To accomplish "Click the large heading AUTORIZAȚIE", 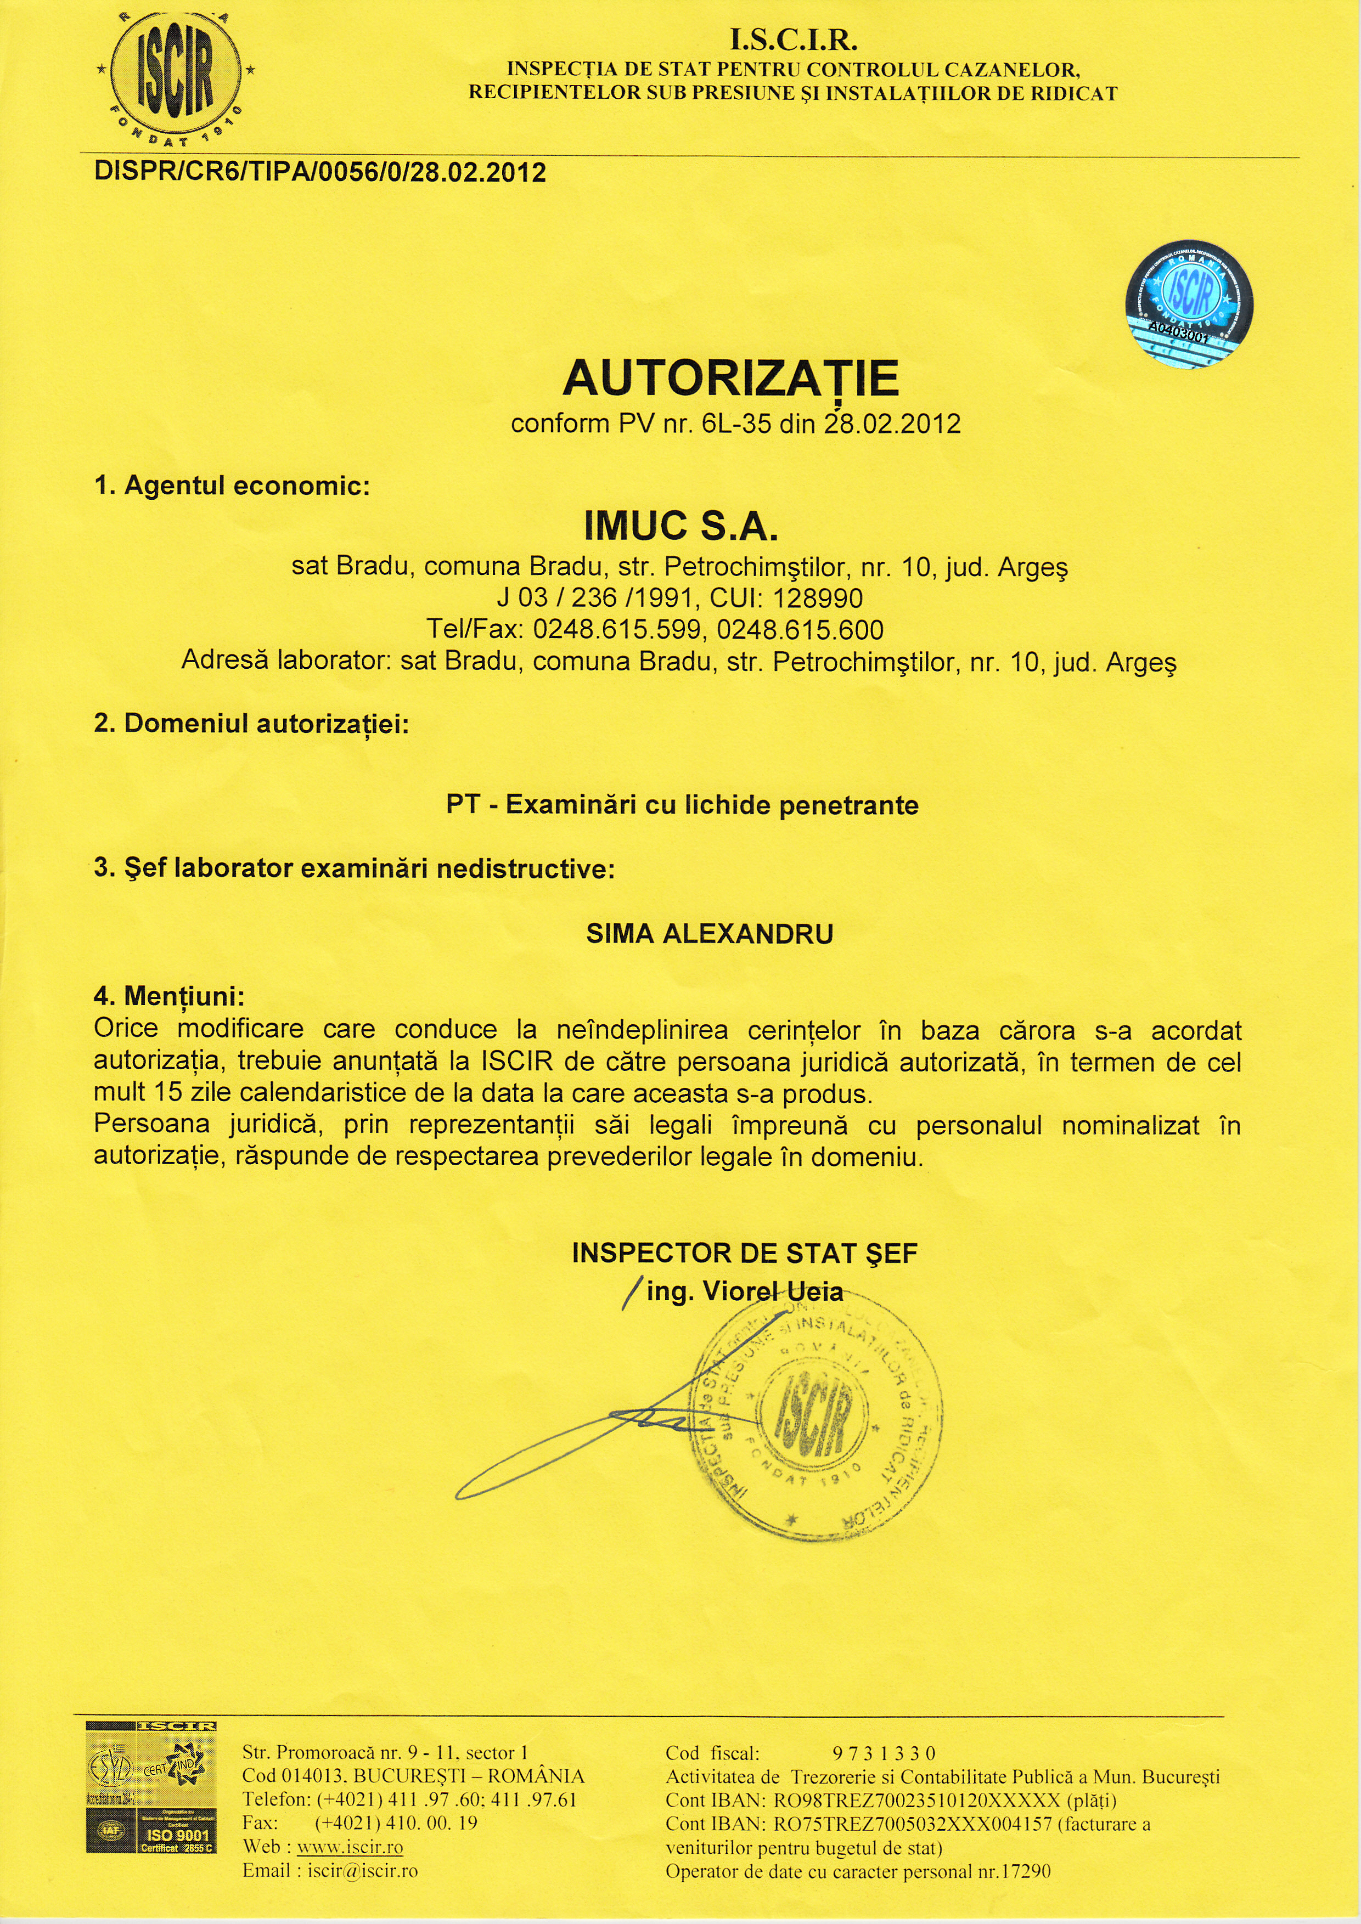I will (731, 378).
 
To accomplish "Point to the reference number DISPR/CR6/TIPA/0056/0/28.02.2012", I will (320, 173).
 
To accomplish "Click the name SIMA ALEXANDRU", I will (710, 934).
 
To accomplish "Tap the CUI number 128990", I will (817, 599).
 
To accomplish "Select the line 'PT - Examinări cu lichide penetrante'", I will (682, 805).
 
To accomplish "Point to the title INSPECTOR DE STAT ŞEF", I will (744, 1253).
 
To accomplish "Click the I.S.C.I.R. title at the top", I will (794, 40).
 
